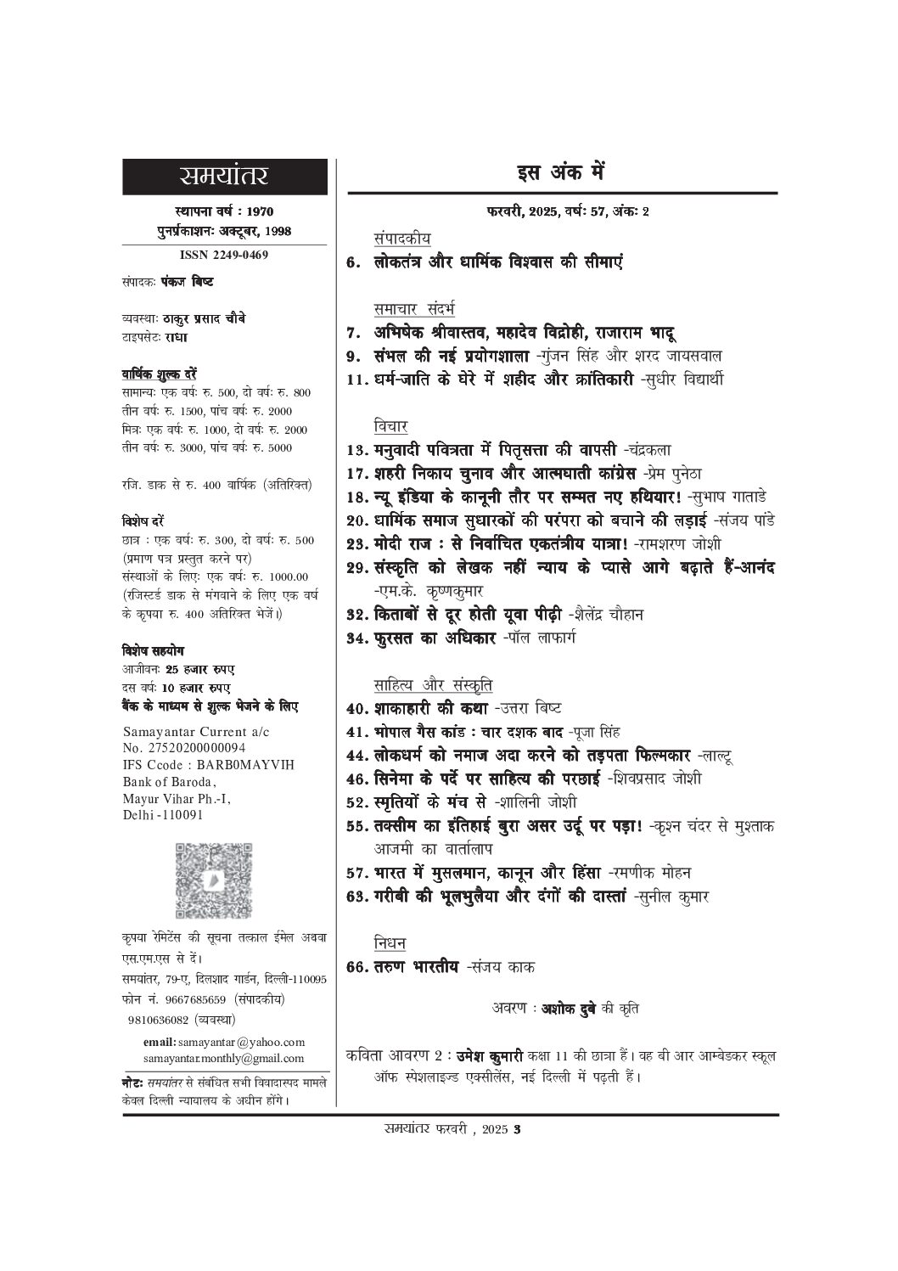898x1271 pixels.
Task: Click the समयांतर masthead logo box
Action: click(x=224, y=177)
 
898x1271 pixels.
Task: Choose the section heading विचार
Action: click(x=390, y=425)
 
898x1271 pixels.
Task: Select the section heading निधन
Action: click(x=390, y=943)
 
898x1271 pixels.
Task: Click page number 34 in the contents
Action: click(x=358, y=637)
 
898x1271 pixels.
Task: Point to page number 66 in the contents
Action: click(x=358, y=967)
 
